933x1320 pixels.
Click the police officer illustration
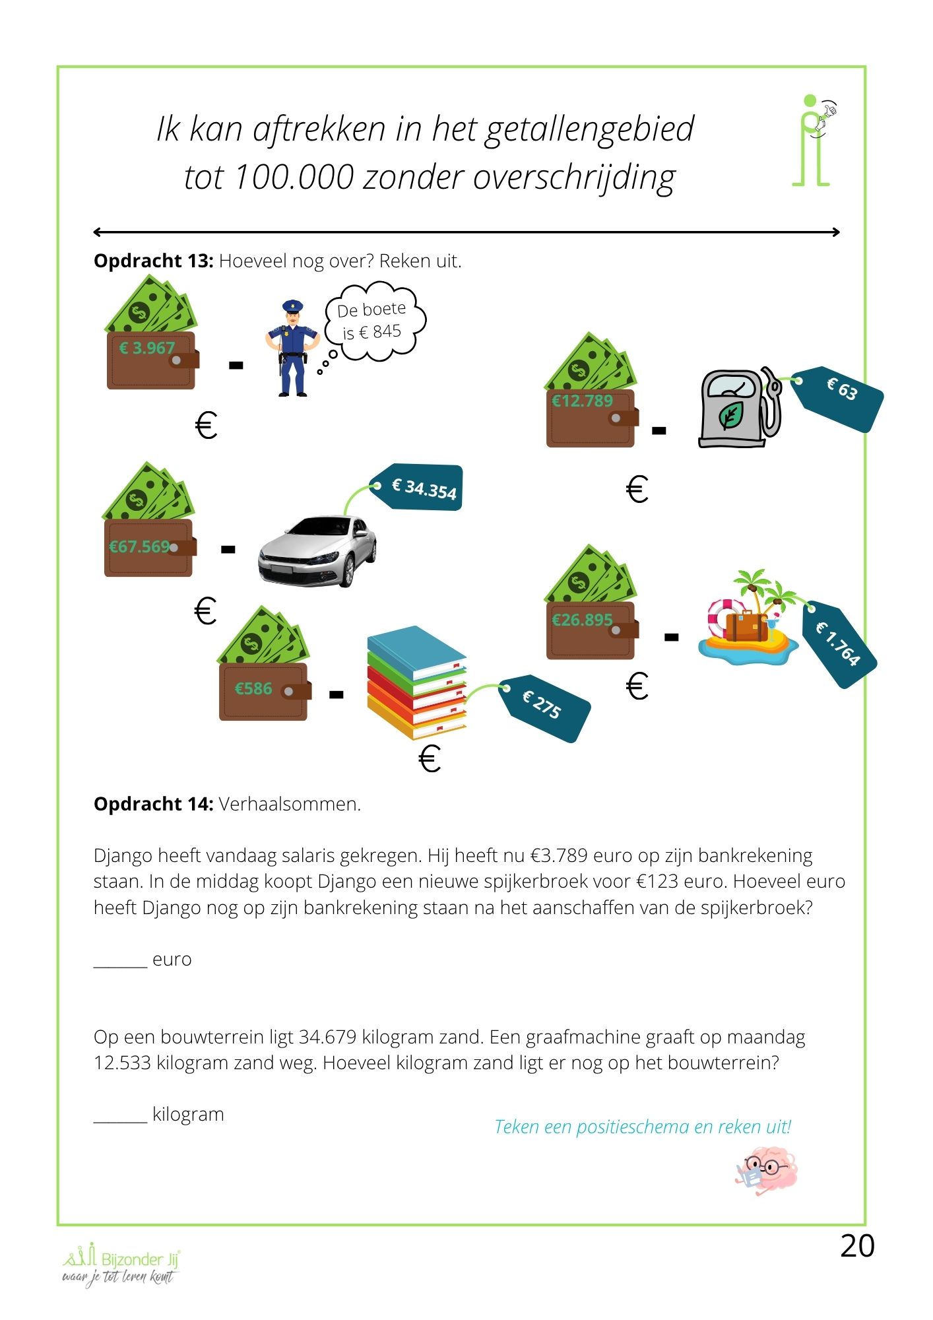pyautogui.click(x=292, y=348)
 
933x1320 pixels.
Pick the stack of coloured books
pyautogui.click(x=417, y=683)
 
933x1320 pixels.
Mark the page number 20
pyautogui.click(x=857, y=1246)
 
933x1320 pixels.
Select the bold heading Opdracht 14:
pyautogui.click(x=153, y=804)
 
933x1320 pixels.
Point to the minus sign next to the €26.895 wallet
pyautogui.click(x=671, y=638)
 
